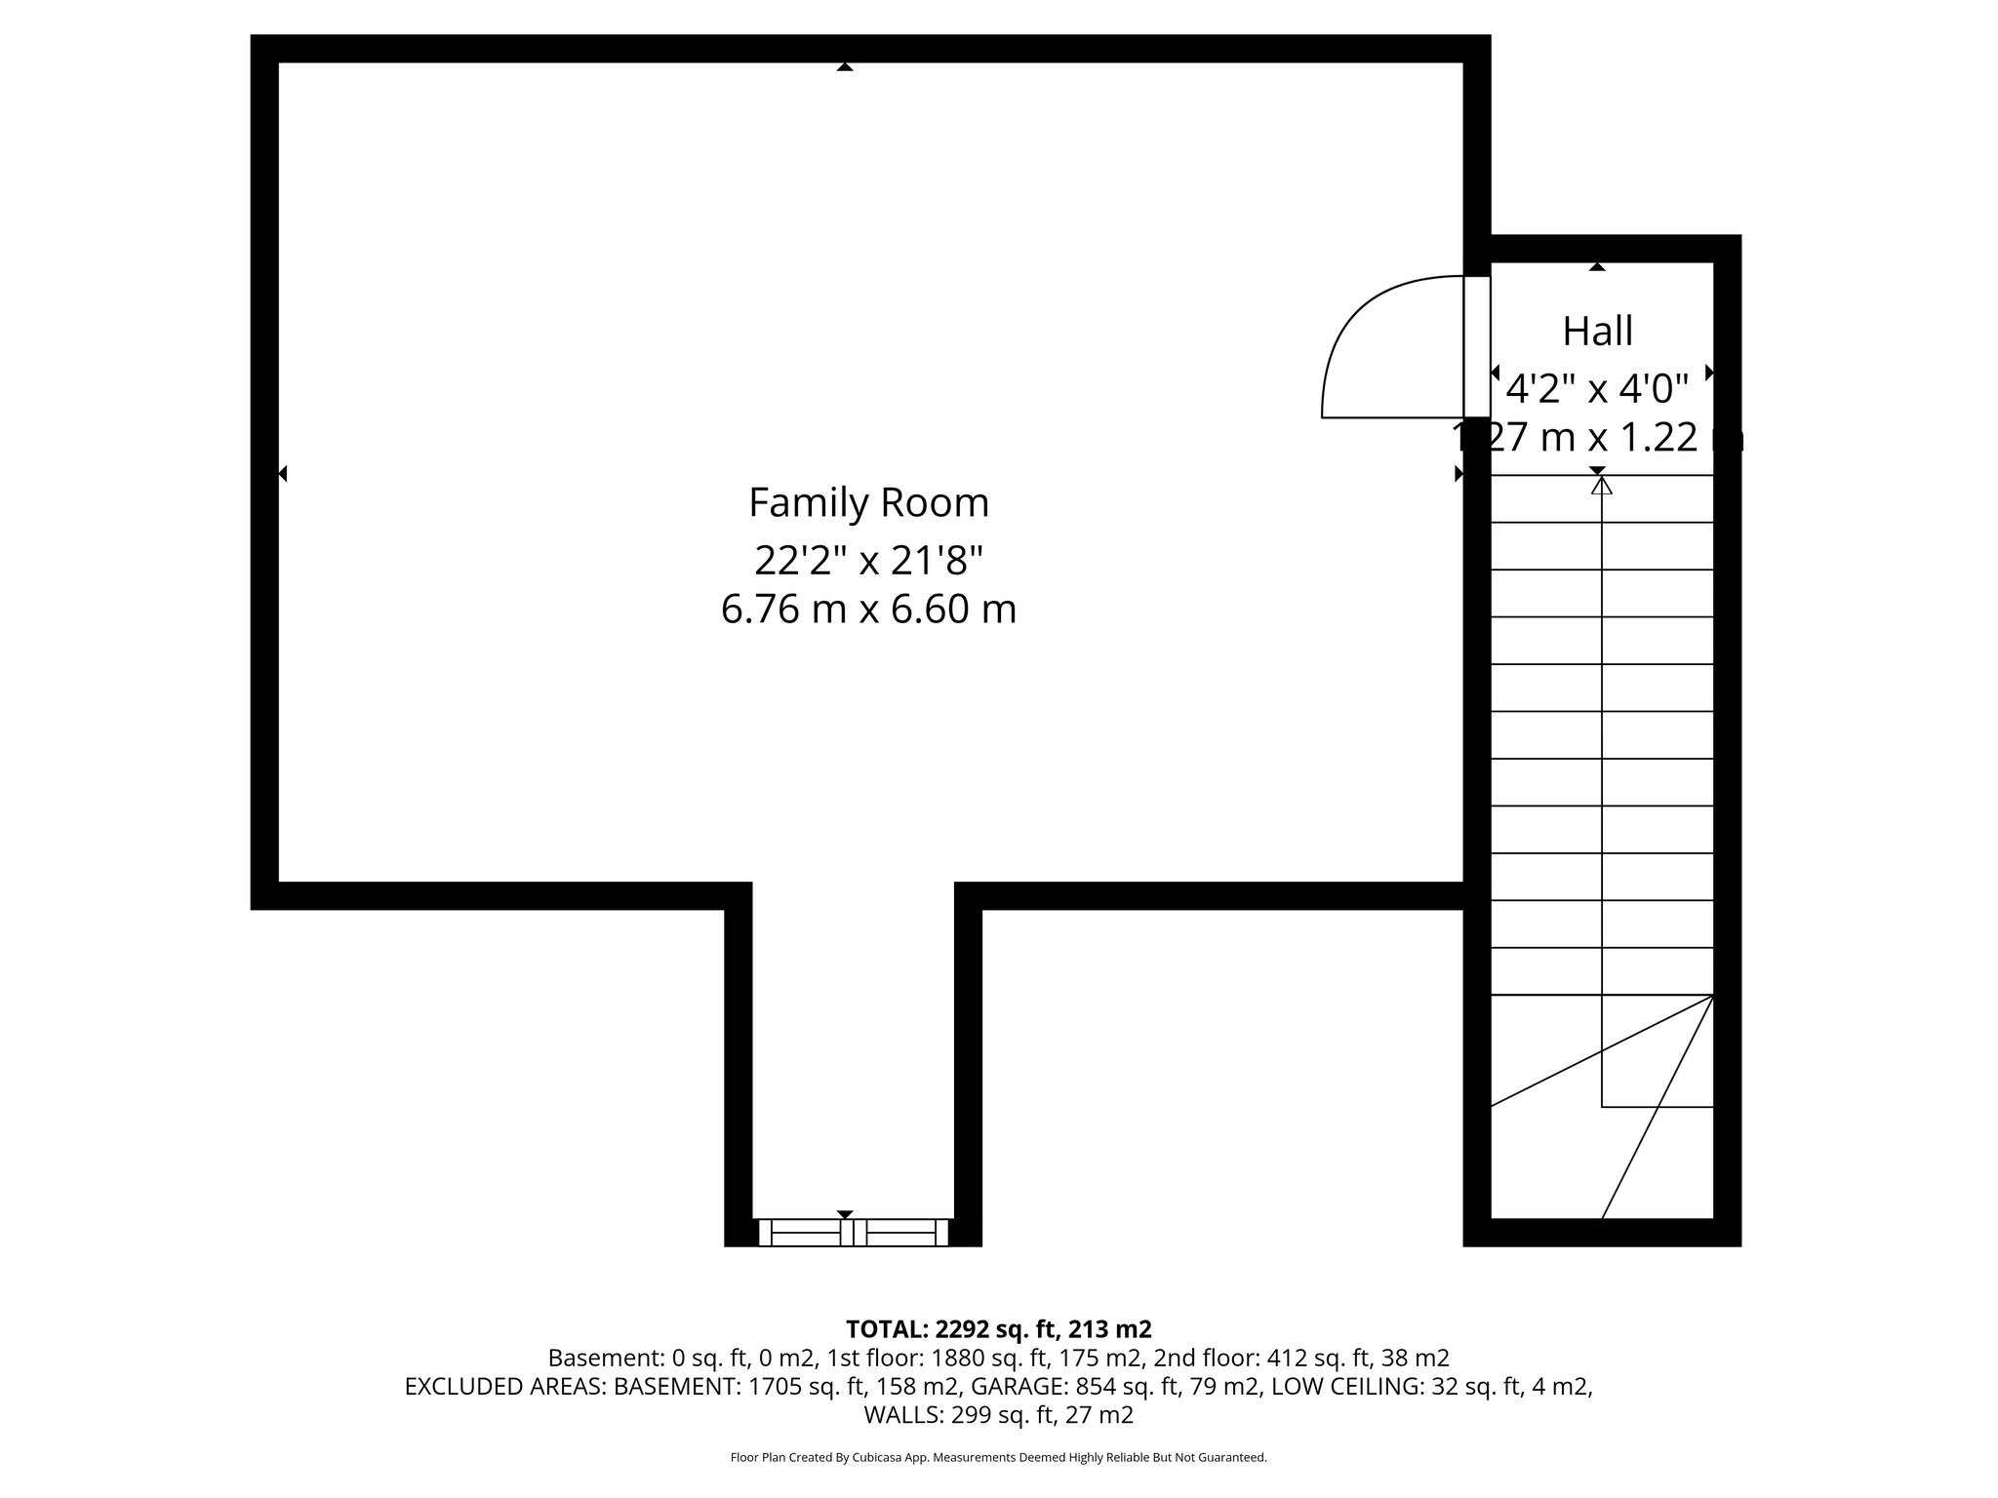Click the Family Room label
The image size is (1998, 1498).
pyautogui.click(x=868, y=503)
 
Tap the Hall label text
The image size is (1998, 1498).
pyautogui.click(x=1597, y=332)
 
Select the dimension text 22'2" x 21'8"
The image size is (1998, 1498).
pyautogui.click(x=868, y=561)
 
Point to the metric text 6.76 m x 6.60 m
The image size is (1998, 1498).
pyautogui.click(x=868, y=610)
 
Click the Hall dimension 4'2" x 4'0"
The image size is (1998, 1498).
pyautogui.click(x=1597, y=390)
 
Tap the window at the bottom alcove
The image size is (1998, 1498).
pyautogui.click(x=853, y=1233)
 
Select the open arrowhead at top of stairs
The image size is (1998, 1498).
pyautogui.click(x=1601, y=485)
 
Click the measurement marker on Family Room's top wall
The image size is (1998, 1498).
pyautogui.click(x=845, y=67)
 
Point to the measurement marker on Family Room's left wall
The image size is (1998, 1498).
pyautogui.click(x=283, y=474)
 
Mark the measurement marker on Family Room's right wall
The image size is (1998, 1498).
pyautogui.click(x=1459, y=474)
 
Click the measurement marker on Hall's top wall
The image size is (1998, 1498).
pyautogui.click(x=1597, y=266)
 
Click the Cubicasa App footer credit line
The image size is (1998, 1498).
pyautogui.click(x=998, y=1458)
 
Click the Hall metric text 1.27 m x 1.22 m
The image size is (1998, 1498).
pyautogui.click(x=1597, y=438)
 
